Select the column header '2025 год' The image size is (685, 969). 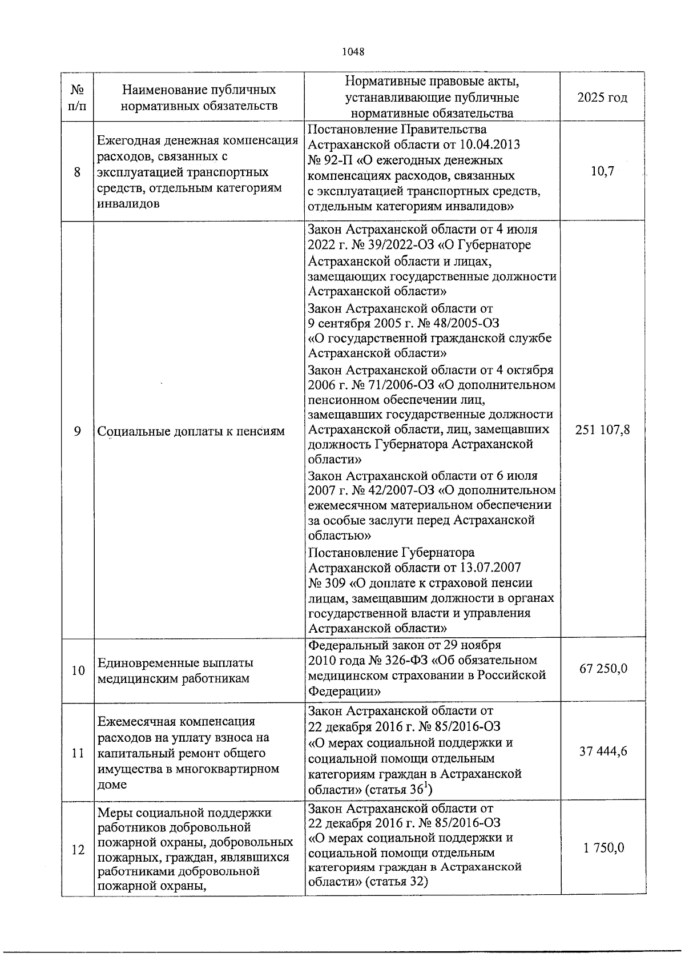coord(602,98)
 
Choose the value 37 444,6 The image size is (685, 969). coord(603,751)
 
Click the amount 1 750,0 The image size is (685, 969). coord(603,849)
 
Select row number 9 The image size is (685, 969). coord(78,431)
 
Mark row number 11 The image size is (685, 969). coord(78,753)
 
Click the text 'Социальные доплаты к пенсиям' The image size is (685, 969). coord(191,432)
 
